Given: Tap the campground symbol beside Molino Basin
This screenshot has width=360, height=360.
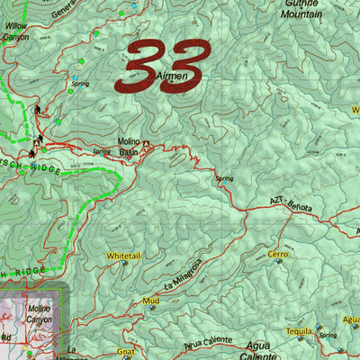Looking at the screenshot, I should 147,143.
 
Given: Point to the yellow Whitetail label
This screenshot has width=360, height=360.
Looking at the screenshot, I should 124,256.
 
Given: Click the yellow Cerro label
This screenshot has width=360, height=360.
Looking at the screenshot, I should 278,255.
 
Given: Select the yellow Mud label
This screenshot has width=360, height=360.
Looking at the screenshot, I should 150,300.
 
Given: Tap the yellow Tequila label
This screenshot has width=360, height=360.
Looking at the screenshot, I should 300,330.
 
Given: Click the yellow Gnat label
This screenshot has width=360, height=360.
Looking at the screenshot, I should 125,352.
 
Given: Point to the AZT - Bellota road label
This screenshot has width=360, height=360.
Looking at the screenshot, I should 291,205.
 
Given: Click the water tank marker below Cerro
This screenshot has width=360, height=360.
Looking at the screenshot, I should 279,262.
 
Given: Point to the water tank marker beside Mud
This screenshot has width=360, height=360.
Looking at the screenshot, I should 151,309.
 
